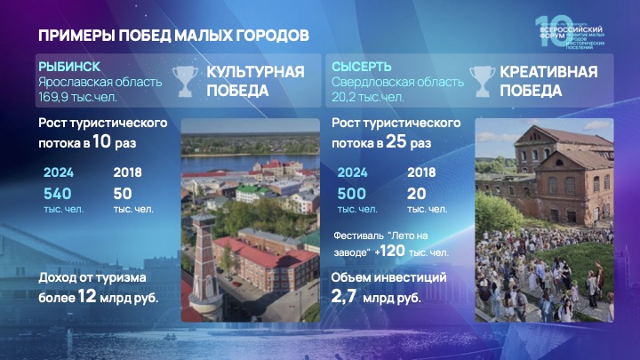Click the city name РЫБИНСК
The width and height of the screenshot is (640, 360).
pos(68,68)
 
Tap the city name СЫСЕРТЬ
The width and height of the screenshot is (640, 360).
pos(356,68)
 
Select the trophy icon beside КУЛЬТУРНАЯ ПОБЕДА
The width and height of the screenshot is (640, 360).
pos(185,81)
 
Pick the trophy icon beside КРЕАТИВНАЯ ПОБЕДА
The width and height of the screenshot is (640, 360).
pos(481,81)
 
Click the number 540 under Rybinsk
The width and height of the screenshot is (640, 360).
pos(57,193)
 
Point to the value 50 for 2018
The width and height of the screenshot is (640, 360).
pos(124,193)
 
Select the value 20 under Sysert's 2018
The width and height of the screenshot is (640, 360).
pos(414,193)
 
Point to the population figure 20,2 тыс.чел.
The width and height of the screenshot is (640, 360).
pos(367,97)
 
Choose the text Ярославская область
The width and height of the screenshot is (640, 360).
pos(100,83)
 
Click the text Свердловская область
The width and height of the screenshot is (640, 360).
pos(397,83)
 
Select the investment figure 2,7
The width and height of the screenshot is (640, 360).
pos(345,297)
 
